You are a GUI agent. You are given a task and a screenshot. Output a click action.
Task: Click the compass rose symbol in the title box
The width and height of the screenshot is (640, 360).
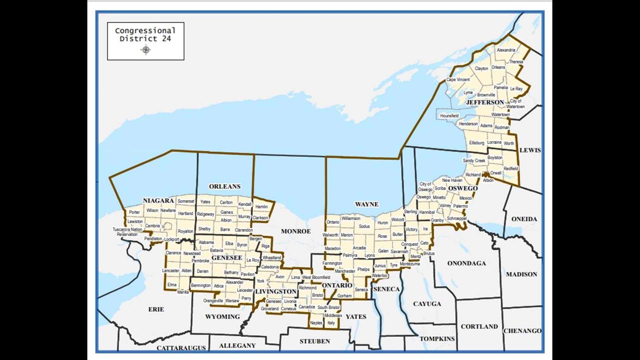146,50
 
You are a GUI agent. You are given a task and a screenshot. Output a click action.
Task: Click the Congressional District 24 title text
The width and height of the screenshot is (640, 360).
145,35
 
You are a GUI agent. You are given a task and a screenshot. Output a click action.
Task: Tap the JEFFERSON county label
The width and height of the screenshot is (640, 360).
485,102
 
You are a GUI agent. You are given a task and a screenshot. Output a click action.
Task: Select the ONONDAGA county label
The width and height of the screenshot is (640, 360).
466,263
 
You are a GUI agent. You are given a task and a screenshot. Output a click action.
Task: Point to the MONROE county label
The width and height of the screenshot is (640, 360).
296,231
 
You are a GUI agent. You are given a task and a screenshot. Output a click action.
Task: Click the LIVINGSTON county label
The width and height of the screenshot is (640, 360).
276,292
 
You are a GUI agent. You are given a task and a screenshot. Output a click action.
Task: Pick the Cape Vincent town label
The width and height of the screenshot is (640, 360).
458,80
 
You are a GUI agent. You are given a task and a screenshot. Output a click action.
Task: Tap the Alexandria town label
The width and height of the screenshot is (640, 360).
506,50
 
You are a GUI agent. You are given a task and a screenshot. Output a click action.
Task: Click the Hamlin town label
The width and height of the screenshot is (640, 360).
262,207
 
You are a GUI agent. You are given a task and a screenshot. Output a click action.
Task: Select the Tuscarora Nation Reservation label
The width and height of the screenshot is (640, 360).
127,232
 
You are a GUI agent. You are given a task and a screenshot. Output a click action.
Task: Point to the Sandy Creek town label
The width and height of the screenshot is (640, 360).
474,161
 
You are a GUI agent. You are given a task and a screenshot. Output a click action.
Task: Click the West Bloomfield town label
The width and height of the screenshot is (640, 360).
316,277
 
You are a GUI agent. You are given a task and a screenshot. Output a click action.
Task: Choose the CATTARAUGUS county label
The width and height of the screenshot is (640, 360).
181,348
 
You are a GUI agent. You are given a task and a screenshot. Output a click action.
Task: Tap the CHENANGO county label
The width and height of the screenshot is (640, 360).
522,331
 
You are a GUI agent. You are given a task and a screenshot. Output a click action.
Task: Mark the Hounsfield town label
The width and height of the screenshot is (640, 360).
449,116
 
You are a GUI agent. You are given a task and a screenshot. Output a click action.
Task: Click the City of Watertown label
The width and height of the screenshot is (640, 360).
515,104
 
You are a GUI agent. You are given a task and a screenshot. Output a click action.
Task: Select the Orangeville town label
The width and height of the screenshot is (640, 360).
213,301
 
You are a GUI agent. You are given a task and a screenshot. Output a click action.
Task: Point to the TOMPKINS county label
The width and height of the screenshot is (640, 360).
437,339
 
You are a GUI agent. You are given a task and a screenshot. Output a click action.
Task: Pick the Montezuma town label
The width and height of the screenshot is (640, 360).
410,264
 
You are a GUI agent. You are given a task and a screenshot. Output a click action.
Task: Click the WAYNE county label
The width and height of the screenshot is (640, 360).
367,204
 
